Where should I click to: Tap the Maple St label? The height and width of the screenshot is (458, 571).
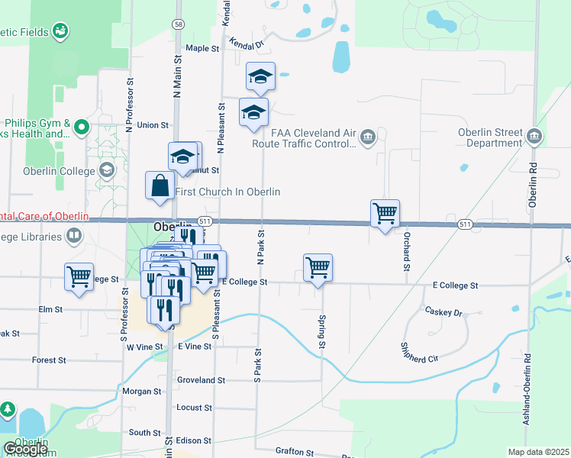(202, 48)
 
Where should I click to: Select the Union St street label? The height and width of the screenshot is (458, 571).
(153, 125)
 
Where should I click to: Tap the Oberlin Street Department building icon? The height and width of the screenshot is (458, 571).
(534, 137)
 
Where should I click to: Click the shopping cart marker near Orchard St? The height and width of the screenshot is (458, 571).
(386, 213)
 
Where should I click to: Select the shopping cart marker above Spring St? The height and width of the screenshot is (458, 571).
(318, 268)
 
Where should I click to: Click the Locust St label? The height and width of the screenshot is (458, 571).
(194, 408)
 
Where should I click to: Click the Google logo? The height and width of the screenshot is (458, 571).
(25, 450)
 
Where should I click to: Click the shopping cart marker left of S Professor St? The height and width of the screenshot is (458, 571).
(79, 276)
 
